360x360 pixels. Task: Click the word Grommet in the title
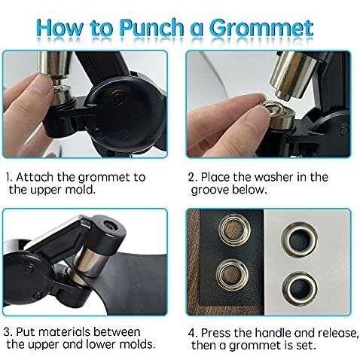[261, 28]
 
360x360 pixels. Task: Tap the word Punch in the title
[151, 27]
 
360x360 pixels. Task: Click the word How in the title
[59, 27]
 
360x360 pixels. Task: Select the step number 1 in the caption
[8, 178]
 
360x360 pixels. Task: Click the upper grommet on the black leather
[234, 230]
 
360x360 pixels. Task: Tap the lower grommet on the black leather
[233, 275]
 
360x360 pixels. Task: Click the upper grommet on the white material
[300, 239]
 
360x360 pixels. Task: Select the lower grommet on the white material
[300, 288]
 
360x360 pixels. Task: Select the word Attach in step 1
[35, 177]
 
